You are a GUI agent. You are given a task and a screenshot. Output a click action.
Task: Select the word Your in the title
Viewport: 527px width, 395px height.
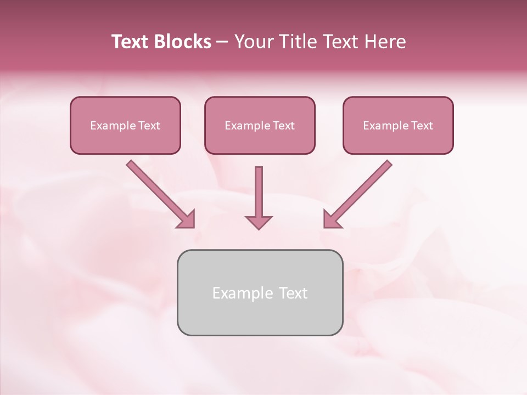pyautogui.click(x=254, y=42)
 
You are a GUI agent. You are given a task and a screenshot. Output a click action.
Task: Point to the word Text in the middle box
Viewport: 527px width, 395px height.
pyautogui.click(x=283, y=126)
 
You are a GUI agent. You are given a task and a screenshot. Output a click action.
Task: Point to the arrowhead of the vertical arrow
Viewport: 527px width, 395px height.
pyautogui.click(x=259, y=222)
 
